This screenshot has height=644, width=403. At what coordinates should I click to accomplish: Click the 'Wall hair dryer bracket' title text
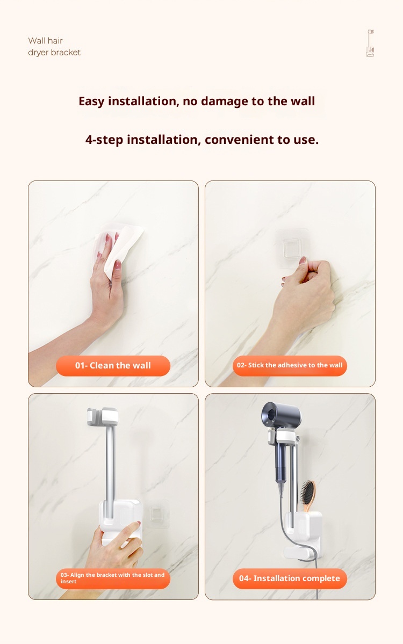pos(54,46)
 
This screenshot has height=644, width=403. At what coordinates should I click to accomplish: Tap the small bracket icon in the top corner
pos(370,43)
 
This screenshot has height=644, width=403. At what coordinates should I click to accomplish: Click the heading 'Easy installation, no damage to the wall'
pos(197,101)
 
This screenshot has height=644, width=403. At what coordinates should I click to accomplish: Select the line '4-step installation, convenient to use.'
pos(201,140)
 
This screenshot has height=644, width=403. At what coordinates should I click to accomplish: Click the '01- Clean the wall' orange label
pos(113,366)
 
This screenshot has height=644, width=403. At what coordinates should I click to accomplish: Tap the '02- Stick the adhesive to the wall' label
pos(290,366)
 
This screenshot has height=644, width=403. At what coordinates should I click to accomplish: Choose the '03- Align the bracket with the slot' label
pos(113,578)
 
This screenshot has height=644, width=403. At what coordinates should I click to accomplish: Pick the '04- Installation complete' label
pos(290,578)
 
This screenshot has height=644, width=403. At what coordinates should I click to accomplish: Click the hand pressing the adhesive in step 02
pos(306,296)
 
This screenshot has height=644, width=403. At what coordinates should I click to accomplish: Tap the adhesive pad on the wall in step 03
pos(156,513)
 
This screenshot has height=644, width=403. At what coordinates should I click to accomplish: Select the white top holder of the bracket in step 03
pos(103,416)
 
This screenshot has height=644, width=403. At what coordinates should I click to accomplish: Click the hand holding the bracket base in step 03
pos(117,546)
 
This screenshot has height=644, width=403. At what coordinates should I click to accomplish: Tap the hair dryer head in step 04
pos(282,415)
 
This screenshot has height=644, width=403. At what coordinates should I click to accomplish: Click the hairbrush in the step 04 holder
pos(308,496)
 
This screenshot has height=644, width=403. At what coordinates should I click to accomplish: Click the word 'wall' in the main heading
pos(303,101)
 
